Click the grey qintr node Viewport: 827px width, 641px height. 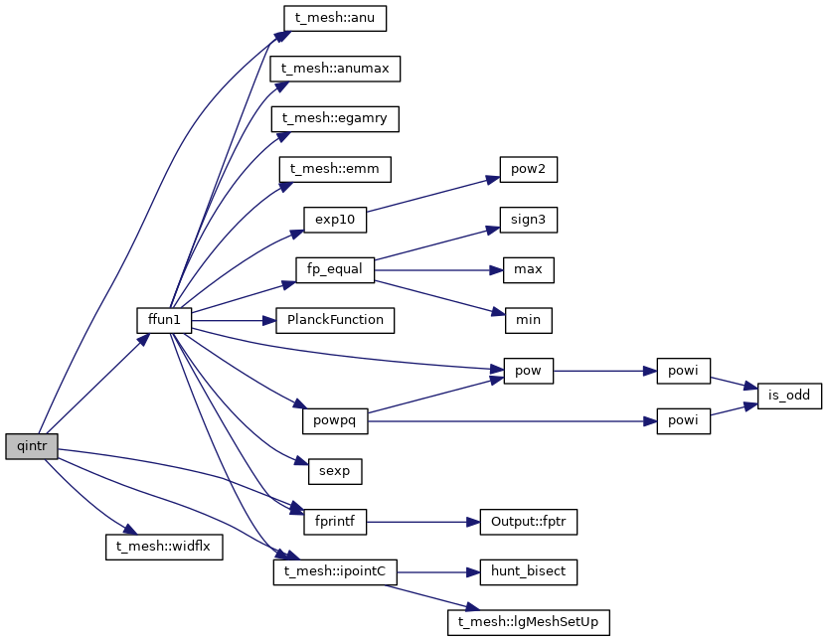(30, 446)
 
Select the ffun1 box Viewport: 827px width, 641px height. (163, 321)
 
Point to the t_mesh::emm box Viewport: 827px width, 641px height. (335, 170)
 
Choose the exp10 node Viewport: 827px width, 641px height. (335, 220)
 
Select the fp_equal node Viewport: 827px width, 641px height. (335, 270)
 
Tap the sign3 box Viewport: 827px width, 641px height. (528, 220)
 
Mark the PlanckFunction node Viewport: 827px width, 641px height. (335, 321)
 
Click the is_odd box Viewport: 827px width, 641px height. (789, 396)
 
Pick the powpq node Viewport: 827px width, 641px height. (335, 421)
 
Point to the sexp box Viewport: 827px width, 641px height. (335, 471)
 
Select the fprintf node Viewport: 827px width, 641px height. (335, 522)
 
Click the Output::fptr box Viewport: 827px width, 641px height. (528, 522)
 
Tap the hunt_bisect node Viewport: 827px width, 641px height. (528, 572)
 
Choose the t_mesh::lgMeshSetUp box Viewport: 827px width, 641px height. (528, 623)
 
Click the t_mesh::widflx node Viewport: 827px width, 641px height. (165, 547)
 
